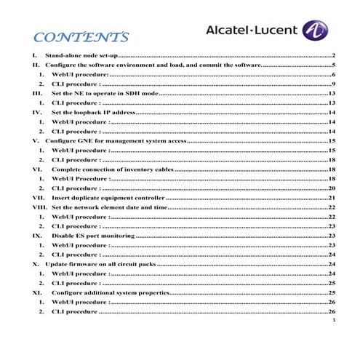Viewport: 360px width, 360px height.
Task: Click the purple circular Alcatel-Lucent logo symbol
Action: [314, 30]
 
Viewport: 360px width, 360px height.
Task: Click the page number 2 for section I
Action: [332, 55]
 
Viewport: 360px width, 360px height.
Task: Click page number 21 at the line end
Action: [331, 197]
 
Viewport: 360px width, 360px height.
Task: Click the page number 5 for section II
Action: [332, 65]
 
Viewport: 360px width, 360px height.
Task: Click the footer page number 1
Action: [332, 321]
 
